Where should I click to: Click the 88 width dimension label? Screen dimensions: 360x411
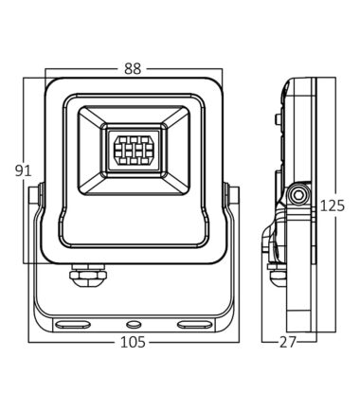coord(133,68)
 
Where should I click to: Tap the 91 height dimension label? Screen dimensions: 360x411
coord(24,170)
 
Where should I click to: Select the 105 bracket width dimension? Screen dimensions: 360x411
coord(133,342)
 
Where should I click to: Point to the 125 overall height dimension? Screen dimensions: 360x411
coord(333,205)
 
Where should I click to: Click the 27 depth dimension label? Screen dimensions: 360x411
coord(288,342)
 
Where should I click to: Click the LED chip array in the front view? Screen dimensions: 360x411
coord(133,151)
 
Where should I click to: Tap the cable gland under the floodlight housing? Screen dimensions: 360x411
coord(88,274)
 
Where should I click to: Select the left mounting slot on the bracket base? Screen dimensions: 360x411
coord(72,325)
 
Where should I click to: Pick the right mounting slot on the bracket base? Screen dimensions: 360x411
coord(193,325)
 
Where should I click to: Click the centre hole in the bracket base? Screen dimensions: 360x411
coord(134,324)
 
